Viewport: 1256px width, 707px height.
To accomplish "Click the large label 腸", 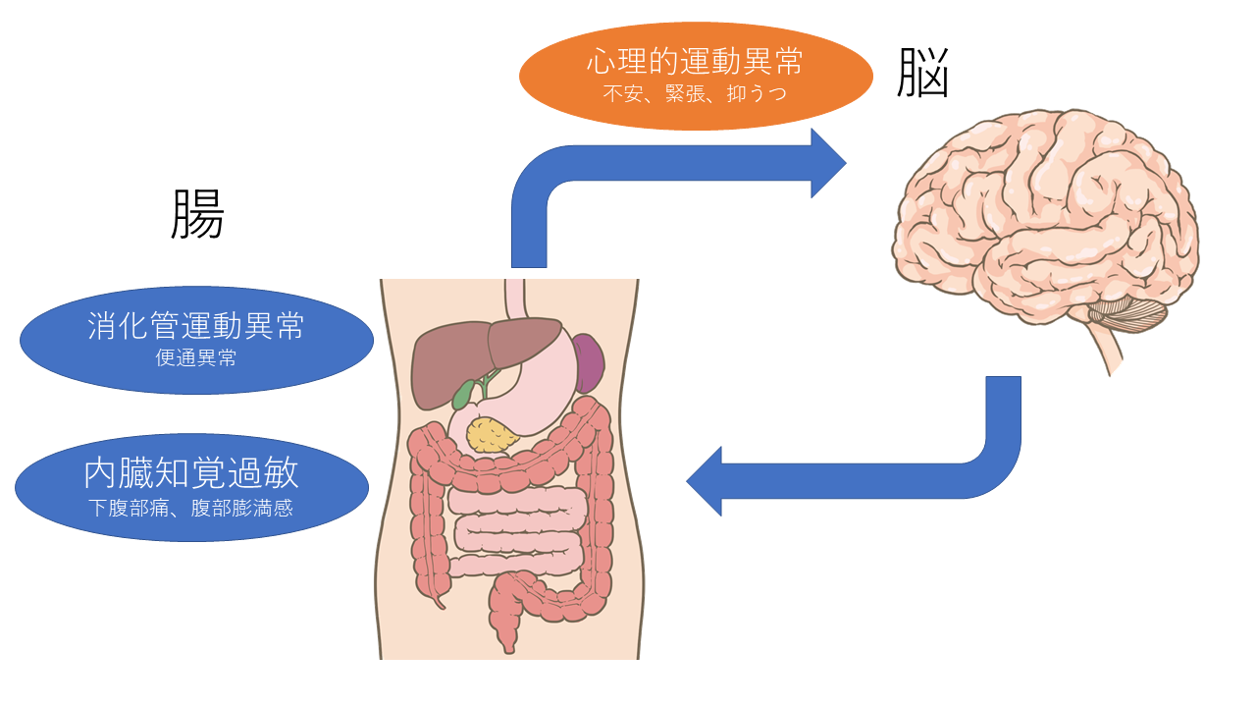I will pos(197,214).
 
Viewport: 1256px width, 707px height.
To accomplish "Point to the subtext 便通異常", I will pos(196,358).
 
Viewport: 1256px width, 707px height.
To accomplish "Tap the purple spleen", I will pos(588,361).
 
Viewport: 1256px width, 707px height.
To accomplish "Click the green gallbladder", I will pos(462,393).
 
